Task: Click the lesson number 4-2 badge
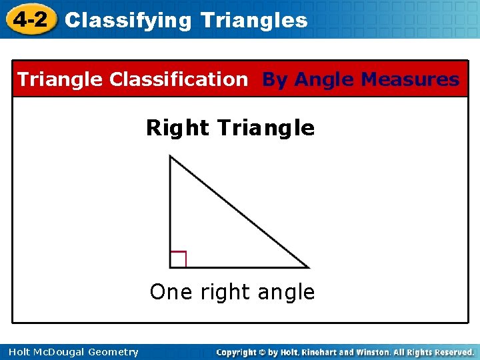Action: tap(29, 20)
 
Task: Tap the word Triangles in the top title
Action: tap(254, 21)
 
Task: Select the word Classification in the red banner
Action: tap(178, 80)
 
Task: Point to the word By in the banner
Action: tap(275, 80)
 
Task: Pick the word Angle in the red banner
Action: tap(324, 80)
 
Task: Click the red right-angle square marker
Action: tap(178, 259)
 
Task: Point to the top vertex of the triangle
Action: tap(171, 157)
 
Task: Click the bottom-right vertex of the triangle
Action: tap(308, 267)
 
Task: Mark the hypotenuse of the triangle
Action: tap(240, 212)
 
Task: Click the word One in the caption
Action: tap(167, 292)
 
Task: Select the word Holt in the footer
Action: tap(20, 352)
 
